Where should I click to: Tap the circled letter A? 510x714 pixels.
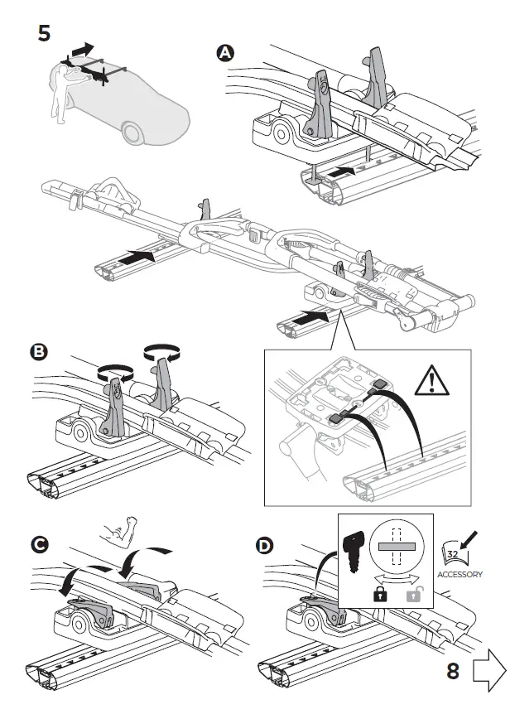(224, 52)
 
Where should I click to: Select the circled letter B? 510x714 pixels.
(38, 351)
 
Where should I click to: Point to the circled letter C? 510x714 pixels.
(38, 544)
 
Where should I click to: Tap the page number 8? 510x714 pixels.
(453, 671)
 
